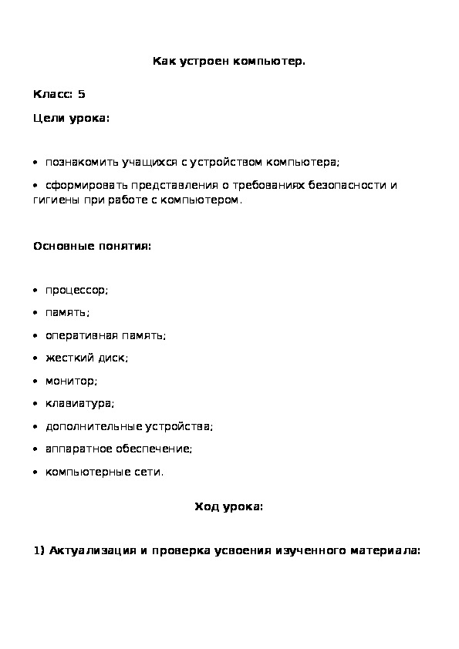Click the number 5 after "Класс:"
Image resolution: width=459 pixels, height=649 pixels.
coord(82,95)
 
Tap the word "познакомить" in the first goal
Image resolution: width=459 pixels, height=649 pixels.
coord(78,163)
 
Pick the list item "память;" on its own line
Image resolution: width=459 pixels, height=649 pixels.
coord(67,313)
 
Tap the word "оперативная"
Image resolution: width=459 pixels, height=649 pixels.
coord(79,335)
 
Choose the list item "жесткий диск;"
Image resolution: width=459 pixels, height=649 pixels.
coord(86,358)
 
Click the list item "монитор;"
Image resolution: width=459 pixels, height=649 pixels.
coord(71,381)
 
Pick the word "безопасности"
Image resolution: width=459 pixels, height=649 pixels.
coord(346,186)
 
